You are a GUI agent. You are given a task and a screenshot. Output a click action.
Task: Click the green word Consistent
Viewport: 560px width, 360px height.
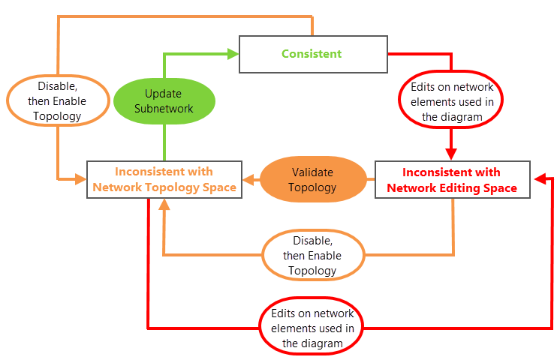[312, 54]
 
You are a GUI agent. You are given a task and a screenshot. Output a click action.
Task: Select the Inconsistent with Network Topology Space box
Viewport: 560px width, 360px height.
[164, 179]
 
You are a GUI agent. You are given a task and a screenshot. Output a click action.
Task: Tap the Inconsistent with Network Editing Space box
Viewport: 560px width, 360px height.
[452, 180]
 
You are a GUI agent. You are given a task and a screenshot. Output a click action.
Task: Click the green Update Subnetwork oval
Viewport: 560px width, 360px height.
[164, 101]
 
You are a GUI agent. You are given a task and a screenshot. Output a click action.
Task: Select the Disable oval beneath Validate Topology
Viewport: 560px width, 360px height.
[313, 256]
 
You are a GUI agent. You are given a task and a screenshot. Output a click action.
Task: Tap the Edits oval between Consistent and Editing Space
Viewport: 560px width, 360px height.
[451, 102]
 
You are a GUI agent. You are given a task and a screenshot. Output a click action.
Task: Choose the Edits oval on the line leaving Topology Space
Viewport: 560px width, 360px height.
[312, 328]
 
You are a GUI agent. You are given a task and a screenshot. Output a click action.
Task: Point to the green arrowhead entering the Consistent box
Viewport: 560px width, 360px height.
[233, 53]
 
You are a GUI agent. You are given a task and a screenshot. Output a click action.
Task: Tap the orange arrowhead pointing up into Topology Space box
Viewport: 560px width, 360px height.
[164, 205]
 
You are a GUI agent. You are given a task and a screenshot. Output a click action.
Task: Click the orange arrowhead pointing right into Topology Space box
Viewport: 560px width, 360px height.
[81, 178]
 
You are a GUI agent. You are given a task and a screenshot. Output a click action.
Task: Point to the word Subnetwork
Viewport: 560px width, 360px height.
[164, 109]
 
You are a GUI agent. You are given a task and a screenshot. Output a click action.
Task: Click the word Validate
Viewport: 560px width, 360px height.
[312, 172]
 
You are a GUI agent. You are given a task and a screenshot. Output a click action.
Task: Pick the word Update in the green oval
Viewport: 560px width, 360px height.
[164, 94]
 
